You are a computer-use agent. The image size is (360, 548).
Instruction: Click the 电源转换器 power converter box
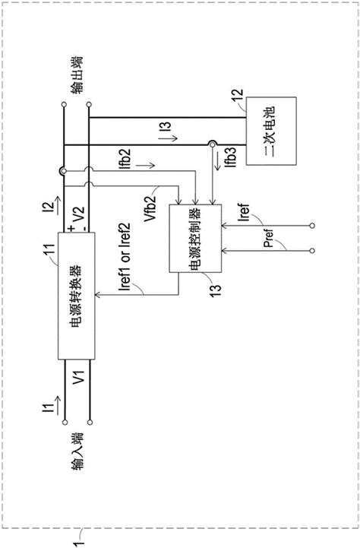(76, 296)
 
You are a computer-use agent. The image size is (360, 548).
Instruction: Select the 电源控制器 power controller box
(195, 239)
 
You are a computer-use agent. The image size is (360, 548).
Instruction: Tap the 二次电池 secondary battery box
(271, 131)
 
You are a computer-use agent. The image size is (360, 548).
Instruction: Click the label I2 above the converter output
(51, 209)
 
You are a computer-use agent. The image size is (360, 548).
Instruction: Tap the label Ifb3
(231, 157)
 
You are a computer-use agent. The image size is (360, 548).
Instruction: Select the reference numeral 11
(50, 250)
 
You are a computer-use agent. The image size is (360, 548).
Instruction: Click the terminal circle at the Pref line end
(312, 251)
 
